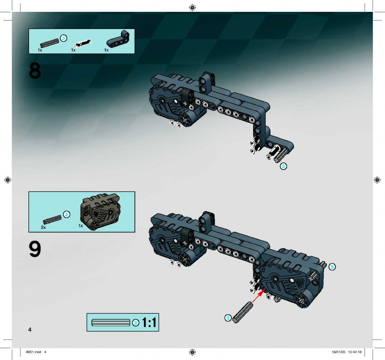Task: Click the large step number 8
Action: click(35, 71)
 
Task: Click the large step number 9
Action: click(35, 249)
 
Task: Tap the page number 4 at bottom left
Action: click(30, 329)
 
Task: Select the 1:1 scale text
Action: click(149, 322)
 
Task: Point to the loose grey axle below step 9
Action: click(242, 313)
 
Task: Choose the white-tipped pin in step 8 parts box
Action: click(83, 43)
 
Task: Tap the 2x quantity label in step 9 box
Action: click(43, 227)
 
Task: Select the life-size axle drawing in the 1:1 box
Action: click(111, 322)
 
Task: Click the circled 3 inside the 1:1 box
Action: click(136, 323)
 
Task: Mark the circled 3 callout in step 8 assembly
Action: click(283, 166)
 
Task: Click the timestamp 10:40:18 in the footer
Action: click(355, 352)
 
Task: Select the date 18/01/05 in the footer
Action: click(338, 352)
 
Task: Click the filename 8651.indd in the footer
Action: click(34, 352)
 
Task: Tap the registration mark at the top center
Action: click(192, 8)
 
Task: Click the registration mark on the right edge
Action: click(377, 180)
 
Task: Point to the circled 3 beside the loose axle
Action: click(228, 318)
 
